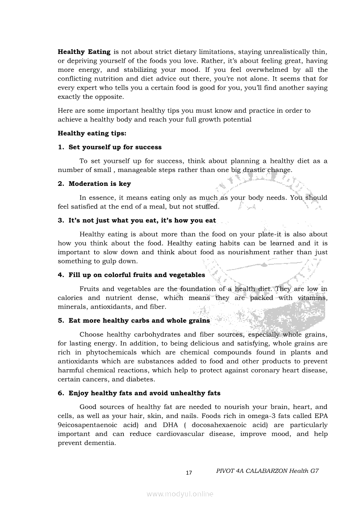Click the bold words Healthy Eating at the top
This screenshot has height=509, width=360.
[84, 52]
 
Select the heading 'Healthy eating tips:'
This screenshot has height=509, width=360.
[92, 133]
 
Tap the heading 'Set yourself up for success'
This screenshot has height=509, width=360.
[115, 147]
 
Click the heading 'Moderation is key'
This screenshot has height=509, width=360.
[100, 184]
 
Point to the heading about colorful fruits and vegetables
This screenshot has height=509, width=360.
[137, 275]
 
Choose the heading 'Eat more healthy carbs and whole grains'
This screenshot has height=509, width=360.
[139, 320]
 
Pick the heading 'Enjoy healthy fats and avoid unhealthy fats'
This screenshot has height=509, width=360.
[144, 393]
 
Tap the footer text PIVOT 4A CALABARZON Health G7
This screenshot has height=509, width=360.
[268, 471]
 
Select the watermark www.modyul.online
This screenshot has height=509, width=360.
[180, 494]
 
